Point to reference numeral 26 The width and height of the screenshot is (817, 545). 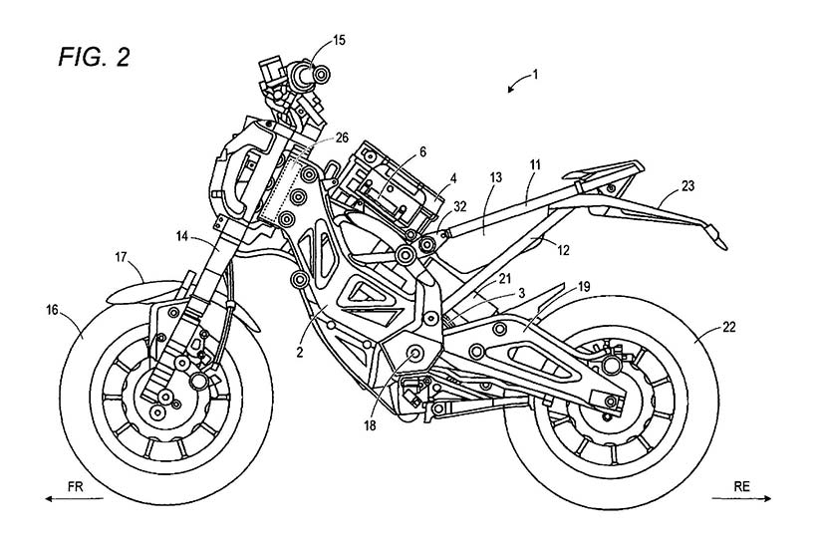pyautogui.click(x=343, y=138)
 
